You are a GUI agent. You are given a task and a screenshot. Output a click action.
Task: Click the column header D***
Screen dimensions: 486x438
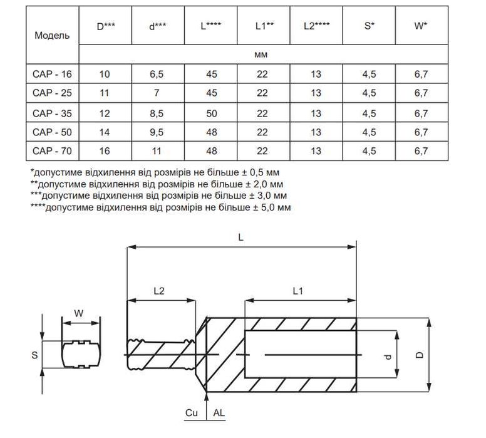click(x=106, y=26)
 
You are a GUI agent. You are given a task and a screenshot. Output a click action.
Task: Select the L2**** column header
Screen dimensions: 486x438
click(x=316, y=26)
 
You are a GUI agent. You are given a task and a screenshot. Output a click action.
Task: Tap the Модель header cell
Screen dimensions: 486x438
click(x=52, y=35)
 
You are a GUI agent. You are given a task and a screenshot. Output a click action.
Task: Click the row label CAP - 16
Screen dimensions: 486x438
click(x=52, y=74)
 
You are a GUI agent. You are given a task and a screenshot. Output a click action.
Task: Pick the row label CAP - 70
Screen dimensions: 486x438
click(x=52, y=151)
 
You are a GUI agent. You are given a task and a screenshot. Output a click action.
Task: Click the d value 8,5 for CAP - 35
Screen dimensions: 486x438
click(x=157, y=113)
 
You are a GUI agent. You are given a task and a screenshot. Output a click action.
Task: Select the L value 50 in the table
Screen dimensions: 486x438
click(x=212, y=113)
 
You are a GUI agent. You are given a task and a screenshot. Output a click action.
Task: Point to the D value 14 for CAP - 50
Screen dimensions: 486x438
click(x=105, y=132)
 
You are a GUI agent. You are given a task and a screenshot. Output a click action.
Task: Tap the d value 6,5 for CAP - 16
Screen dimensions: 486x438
click(x=157, y=74)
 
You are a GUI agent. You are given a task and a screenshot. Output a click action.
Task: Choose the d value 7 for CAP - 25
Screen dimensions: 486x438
click(x=157, y=93)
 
